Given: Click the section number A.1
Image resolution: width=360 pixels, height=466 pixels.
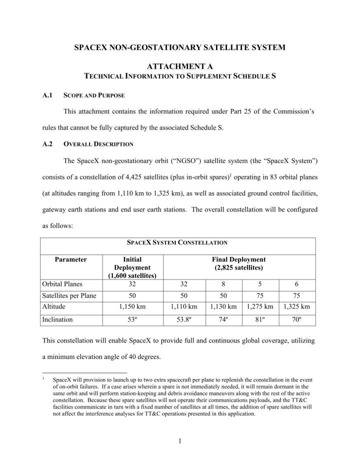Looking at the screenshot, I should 48,95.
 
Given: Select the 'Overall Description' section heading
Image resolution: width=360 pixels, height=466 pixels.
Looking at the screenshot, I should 98,144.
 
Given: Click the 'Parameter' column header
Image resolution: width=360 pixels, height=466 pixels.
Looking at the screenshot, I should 71,259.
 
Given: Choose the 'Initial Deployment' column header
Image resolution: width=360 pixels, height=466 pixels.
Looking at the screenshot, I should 132,267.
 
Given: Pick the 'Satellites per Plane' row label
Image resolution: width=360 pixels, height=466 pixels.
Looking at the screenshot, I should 69,295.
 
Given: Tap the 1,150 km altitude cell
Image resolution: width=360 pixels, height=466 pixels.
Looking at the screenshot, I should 132,306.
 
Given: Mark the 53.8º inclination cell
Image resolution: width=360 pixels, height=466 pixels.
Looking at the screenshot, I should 183,319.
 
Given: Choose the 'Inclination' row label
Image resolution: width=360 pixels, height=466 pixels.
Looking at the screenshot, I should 58,319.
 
